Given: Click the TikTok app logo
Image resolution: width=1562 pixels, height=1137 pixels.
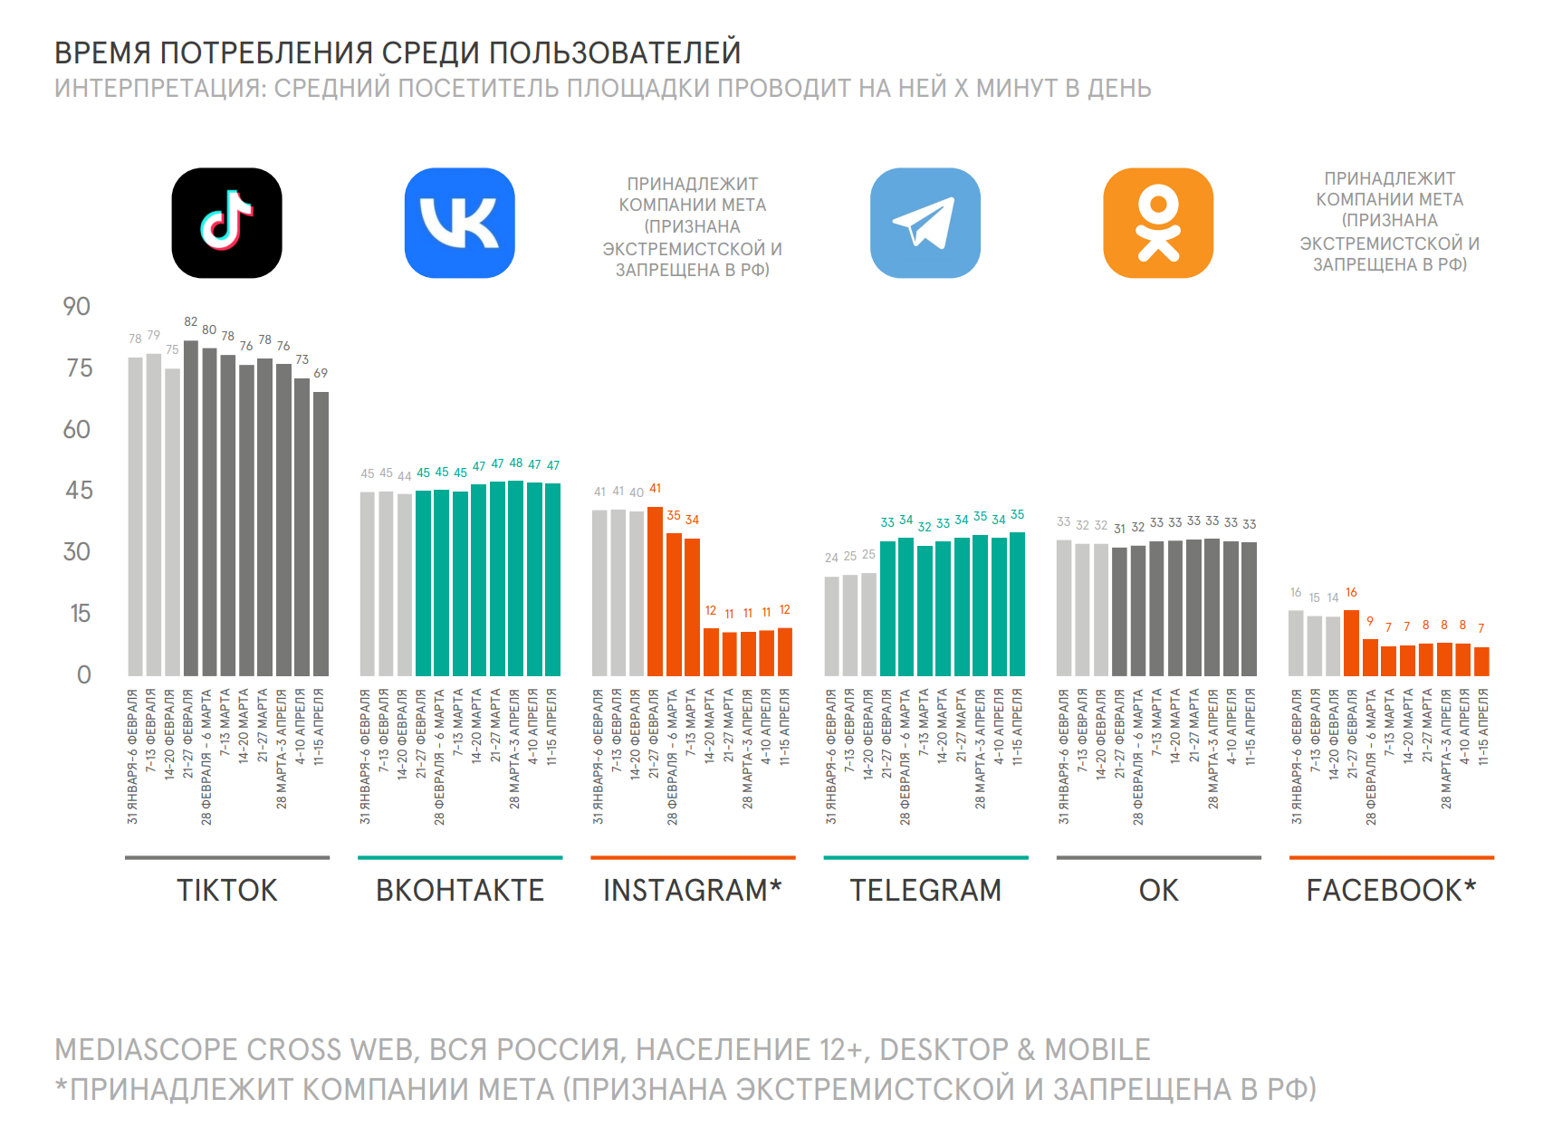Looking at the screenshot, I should click(x=226, y=223).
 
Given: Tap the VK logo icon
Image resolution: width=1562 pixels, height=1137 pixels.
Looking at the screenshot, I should click(x=459, y=223).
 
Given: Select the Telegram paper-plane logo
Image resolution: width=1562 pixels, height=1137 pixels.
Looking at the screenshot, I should click(x=925, y=223).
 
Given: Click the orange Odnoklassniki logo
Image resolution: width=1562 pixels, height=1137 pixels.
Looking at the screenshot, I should click(x=1157, y=223).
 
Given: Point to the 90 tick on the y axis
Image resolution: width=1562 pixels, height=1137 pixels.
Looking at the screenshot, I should click(x=77, y=307).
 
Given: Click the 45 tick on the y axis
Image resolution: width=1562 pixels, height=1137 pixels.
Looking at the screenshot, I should click(x=79, y=491).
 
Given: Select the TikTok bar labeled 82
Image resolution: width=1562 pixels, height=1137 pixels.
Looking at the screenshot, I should click(x=191, y=508).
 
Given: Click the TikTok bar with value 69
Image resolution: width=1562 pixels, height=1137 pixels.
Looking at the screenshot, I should click(x=321, y=534).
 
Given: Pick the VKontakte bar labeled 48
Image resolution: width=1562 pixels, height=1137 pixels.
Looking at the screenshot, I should click(x=516, y=578).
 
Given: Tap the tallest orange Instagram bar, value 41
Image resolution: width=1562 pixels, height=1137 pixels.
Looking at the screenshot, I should click(x=655, y=591).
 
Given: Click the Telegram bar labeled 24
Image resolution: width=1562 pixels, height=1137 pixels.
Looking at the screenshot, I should click(x=831, y=626).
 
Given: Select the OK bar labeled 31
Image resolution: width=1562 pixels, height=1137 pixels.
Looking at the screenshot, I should click(x=1119, y=612).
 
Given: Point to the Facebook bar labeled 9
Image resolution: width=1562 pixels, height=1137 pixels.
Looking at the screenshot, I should click(x=1370, y=657).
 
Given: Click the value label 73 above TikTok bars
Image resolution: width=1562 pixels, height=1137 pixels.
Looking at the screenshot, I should click(x=302, y=359).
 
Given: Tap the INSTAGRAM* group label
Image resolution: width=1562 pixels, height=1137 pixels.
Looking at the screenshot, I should click(x=692, y=891).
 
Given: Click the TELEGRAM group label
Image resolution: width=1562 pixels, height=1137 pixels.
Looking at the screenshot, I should click(x=925, y=891).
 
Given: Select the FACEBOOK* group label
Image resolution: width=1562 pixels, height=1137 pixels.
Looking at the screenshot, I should click(x=1390, y=891).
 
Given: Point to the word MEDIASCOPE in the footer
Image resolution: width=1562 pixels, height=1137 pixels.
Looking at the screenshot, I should click(x=146, y=1050).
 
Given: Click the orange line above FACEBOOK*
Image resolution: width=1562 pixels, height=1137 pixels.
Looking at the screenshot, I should click(x=1391, y=857).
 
